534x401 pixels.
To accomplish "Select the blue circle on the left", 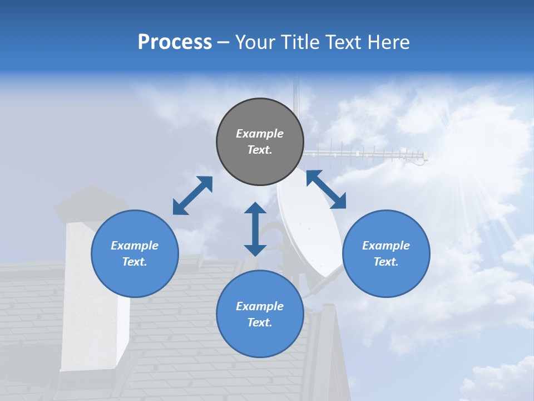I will coord(135,253).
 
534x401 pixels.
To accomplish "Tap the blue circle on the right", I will coord(386,253).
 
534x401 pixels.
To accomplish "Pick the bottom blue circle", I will coord(260,314).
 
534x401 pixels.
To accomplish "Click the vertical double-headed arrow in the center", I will coord(255,229).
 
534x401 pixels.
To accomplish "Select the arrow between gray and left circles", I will coord(192,195).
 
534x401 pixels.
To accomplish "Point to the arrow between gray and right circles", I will coord(326,189).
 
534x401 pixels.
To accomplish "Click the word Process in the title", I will coord(175,42).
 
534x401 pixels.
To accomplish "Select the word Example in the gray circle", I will coord(260,134).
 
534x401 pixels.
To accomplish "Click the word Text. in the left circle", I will coord(135,262).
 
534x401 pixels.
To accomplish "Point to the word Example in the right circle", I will coord(386,246).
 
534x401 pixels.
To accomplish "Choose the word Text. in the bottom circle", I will coord(260,322).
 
